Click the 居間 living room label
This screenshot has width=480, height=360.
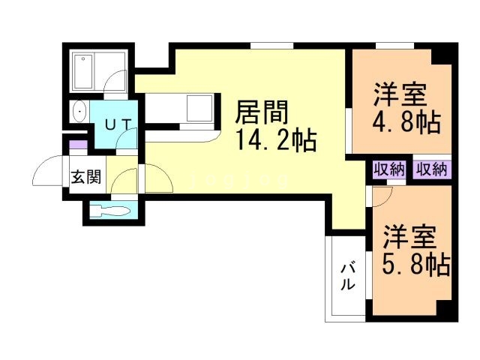[262, 112]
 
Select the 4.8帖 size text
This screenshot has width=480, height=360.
[406, 123]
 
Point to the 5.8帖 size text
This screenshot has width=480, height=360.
[416, 263]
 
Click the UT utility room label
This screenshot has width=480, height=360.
[118, 124]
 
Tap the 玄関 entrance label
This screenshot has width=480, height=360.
[86, 177]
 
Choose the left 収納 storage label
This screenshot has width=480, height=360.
[389, 169]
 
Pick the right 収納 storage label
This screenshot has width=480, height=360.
[432, 169]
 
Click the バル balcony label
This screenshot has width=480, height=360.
[348, 277]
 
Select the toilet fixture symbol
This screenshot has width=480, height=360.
[110, 211]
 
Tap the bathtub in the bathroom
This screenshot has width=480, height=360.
[83, 72]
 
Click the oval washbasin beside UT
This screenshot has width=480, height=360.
[79, 112]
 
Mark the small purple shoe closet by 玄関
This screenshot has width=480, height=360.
[79, 144]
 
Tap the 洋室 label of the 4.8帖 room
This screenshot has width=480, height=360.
[400, 95]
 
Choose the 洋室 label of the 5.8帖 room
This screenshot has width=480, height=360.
[409, 237]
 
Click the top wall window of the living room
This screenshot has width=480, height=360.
[271, 46]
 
